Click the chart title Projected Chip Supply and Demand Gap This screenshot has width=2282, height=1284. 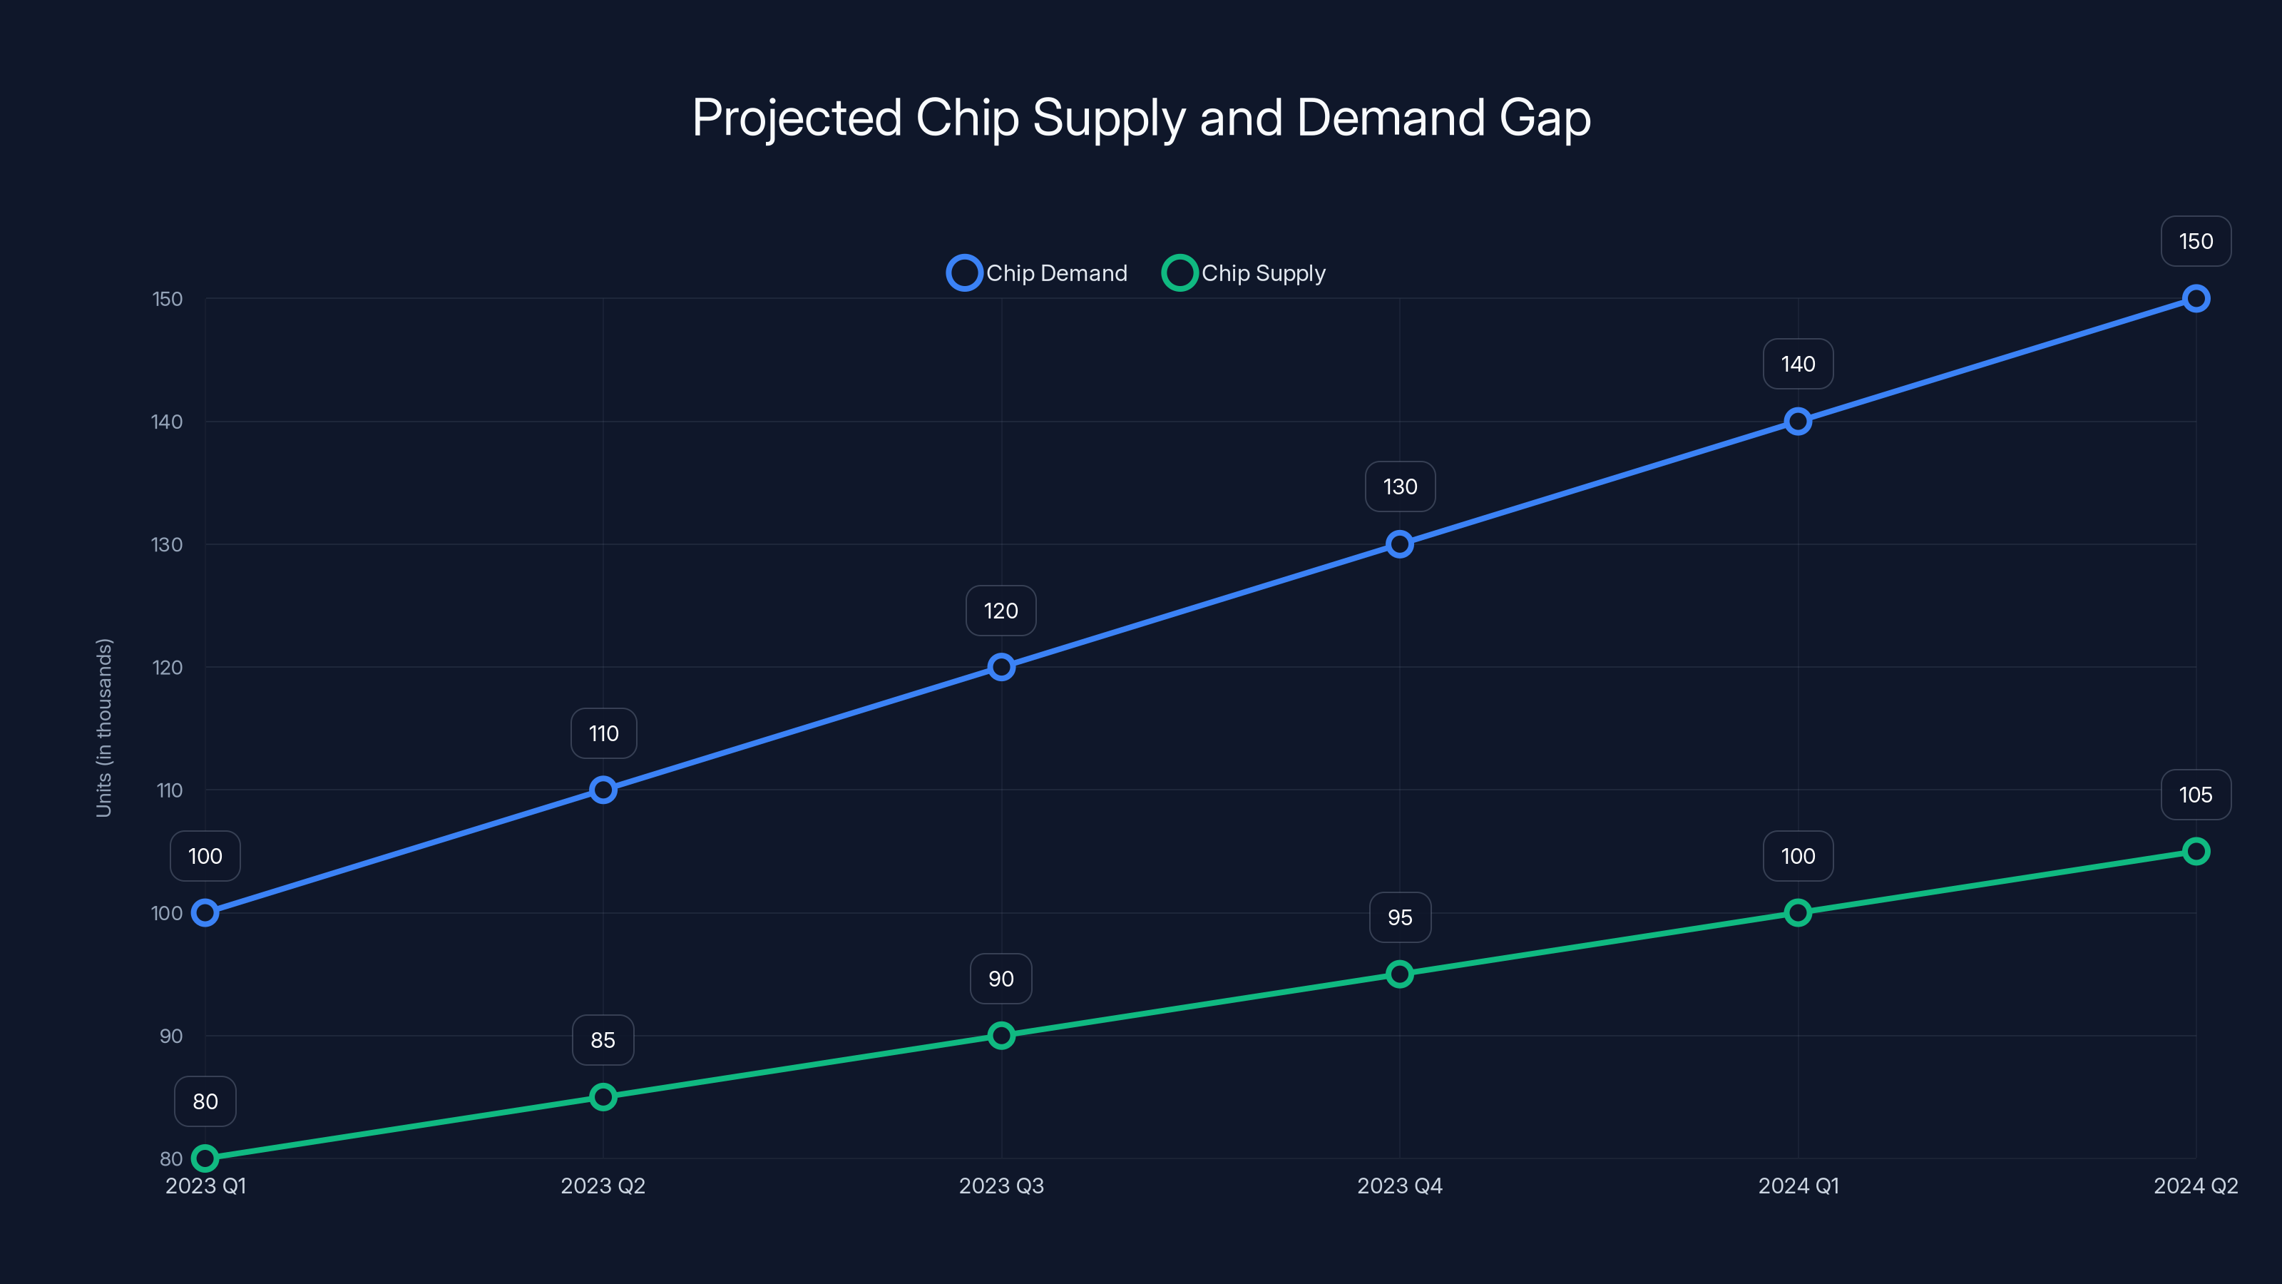(x=1141, y=118)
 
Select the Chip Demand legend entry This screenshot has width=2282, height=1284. (x=1038, y=273)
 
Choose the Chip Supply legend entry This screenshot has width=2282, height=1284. (x=1244, y=273)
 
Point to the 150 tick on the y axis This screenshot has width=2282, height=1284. (x=168, y=300)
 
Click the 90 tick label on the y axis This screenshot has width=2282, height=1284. (x=171, y=1036)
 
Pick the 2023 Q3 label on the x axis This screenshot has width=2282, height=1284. (x=1001, y=1186)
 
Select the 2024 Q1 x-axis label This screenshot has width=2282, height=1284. (x=1799, y=1186)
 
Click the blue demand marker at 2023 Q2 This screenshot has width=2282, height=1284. (x=603, y=790)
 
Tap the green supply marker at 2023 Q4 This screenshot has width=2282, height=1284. (x=1400, y=974)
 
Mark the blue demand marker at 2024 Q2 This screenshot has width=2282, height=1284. (x=2196, y=299)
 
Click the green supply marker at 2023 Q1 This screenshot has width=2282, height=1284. (x=205, y=1158)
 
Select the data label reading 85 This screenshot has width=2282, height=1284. (x=603, y=1040)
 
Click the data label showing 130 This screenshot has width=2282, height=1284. (x=1400, y=486)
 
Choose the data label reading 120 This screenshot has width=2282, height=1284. (x=1001, y=611)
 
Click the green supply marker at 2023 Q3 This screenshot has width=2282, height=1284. (x=1001, y=1035)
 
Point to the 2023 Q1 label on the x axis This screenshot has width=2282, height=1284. (x=205, y=1186)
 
